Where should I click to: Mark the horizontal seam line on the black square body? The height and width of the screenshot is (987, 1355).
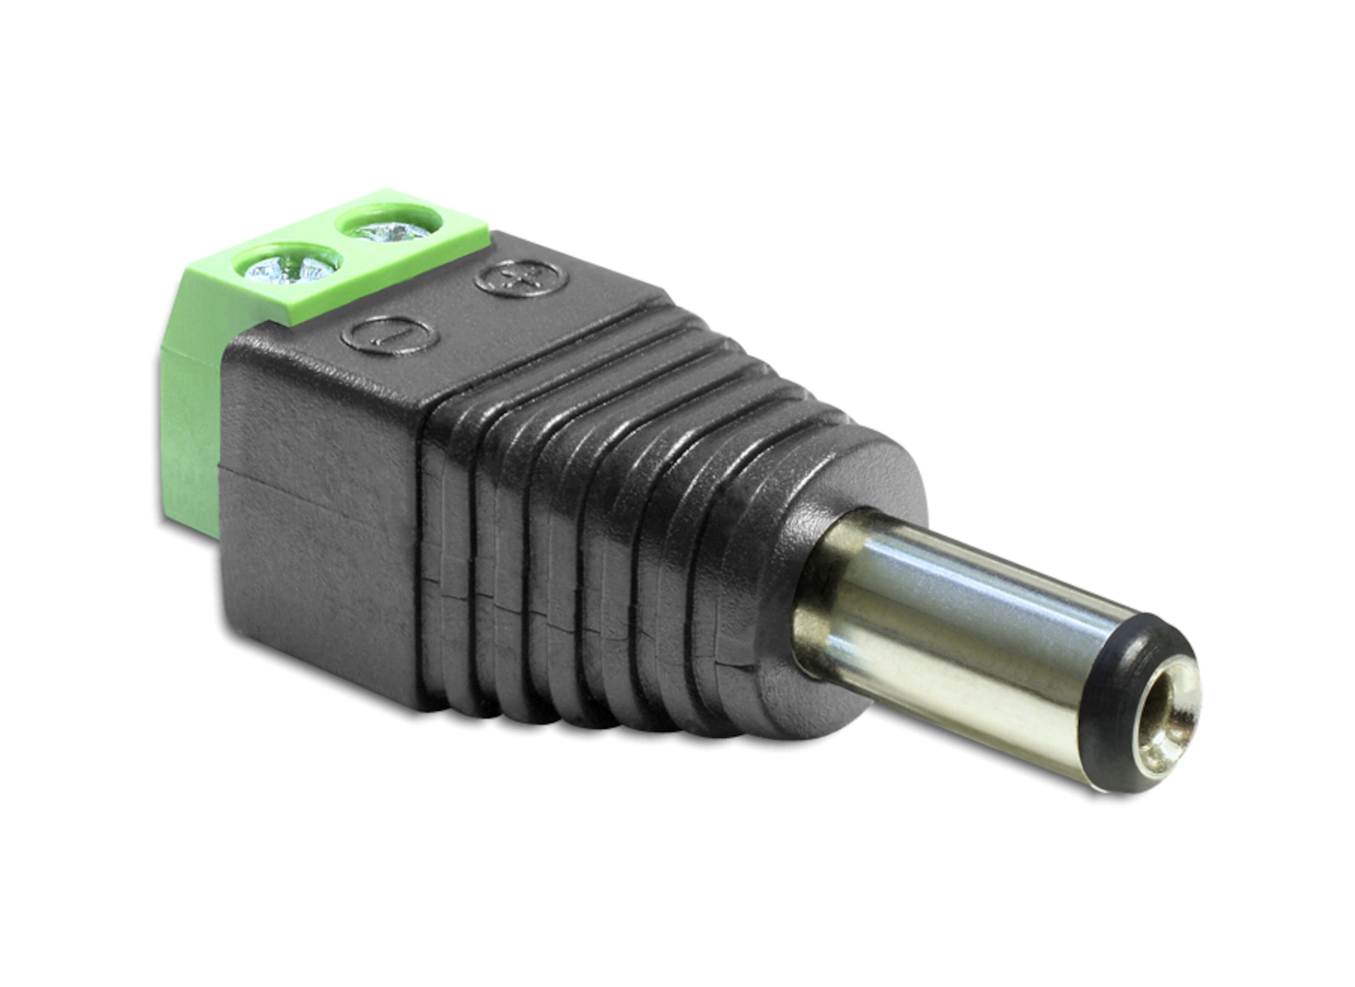[x=317, y=490]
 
